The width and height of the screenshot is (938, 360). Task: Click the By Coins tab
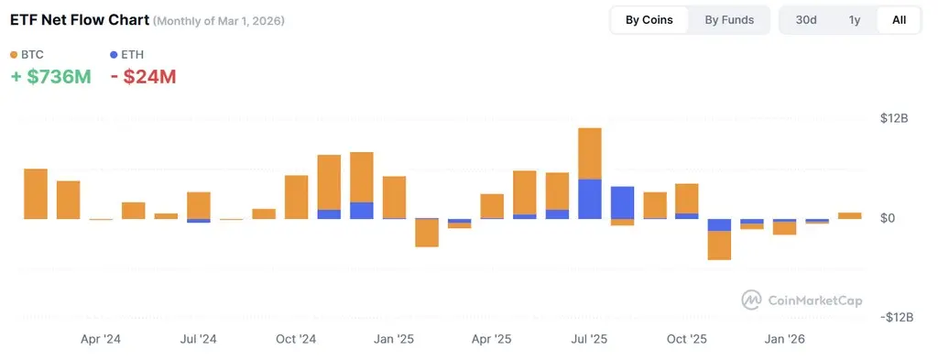pyautogui.click(x=649, y=20)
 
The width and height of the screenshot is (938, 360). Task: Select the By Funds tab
pyautogui.click(x=729, y=20)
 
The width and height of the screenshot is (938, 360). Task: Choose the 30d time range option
pyautogui.click(x=806, y=20)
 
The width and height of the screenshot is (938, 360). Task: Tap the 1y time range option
pyautogui.click(x=855, y=20)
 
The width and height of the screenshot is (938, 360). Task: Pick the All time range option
pyautogui.click(x=899, y=20)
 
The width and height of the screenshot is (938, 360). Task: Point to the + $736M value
pyautogui.click(x=50, y=77)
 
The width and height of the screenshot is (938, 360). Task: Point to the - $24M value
pyautogui.click(x=143, y=77)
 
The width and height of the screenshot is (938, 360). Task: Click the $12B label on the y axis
pyautogui.click(x=893, y=119)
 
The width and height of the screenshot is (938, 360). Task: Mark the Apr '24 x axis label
pyautogui.click(x=101, y=339)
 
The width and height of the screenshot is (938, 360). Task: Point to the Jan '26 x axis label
pyautogui.click(x=785, y=339)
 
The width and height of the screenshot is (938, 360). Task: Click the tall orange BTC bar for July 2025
pyautogui.click(x=590, y=153)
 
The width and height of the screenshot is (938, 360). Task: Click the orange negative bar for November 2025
pyautogui.click(x=719, y=245)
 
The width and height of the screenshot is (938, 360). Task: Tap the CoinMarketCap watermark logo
pyautogui.click(x=802, y=300)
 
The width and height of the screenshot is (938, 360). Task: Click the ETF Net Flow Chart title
pyautogui.click(x=79, y=19)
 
